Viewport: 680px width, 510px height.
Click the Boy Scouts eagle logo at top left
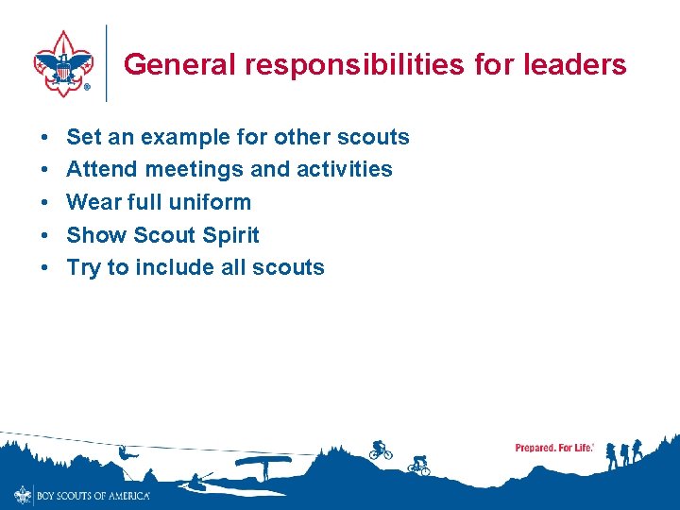coord(63,63)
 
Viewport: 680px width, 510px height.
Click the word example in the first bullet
coord(185,137)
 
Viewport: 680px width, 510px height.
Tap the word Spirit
coord(229,235)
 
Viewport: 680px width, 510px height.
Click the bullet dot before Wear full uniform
coord(45,203)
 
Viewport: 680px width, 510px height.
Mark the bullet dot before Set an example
coord(45,138)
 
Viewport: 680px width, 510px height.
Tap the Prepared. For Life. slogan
coord(554,448)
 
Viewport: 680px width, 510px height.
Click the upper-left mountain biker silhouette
coord(380,450)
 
